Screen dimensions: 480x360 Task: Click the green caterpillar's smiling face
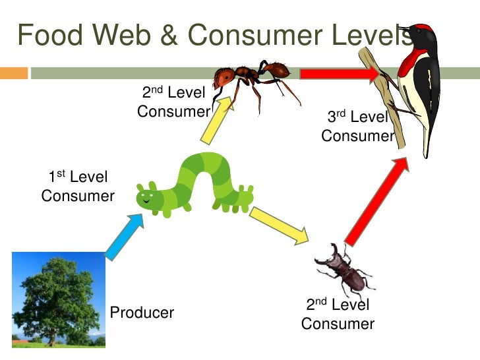coord(148,196)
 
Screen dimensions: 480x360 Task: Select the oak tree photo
coord(59,299)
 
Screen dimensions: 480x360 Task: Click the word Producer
coord(142,313)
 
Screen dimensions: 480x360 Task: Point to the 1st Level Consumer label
coord(77,187)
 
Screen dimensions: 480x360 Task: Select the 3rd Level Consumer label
coord(357,127)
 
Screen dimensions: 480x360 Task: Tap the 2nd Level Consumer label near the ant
coord(173,102)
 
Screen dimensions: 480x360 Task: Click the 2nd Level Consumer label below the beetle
coord(338,315)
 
